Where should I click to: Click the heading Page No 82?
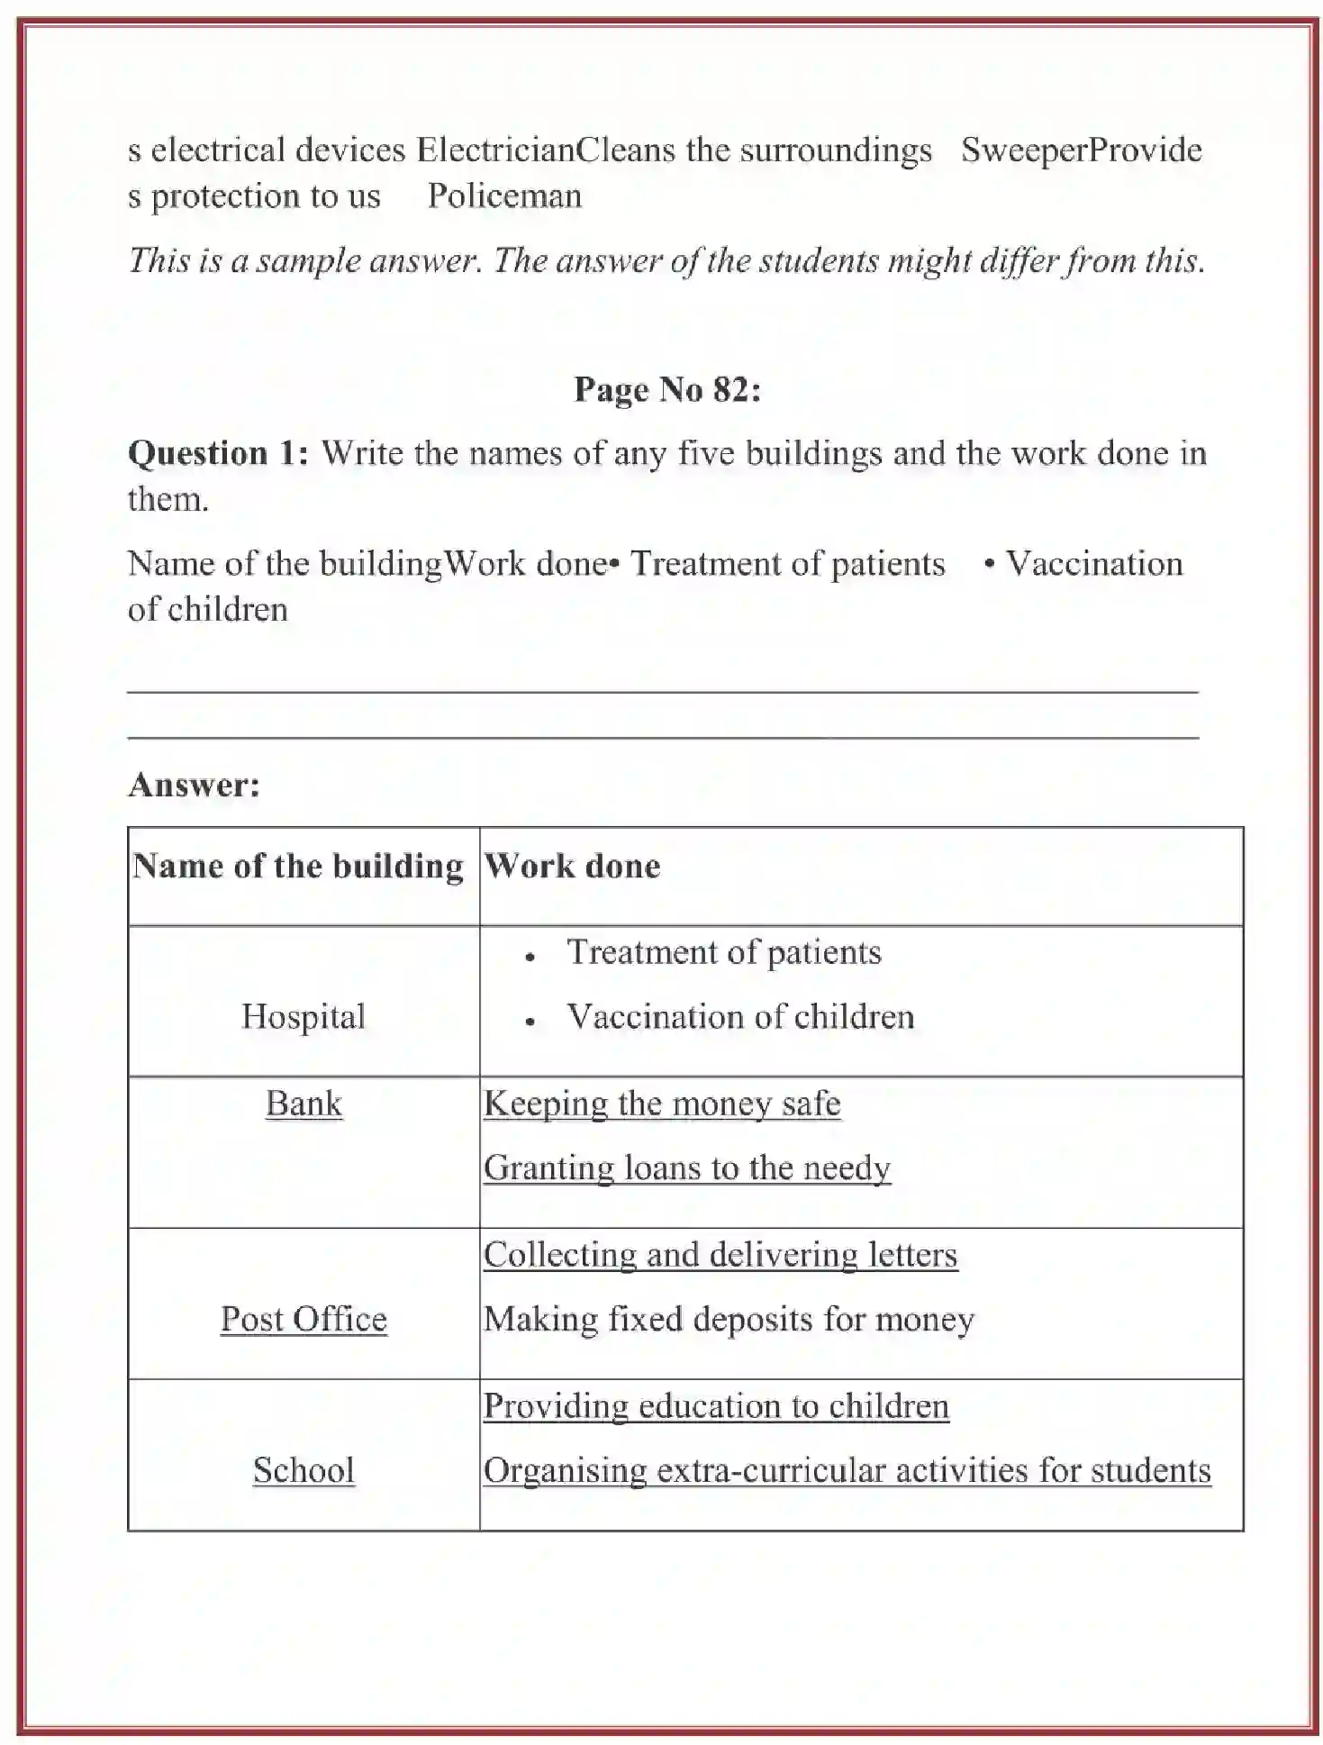point(667,389)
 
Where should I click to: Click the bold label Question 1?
point(218,452)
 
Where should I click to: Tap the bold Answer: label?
point(194,785)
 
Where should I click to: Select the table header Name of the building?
point(298,866)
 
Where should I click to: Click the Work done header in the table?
point(573,866)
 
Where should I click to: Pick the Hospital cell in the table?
point(304,1016)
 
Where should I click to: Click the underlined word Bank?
point(304,1104)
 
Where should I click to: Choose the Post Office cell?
point(304,1319)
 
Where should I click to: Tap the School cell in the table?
point(304,1470)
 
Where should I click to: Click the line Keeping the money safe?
point(662,1104)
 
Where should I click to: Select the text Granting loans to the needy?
point(686,1168)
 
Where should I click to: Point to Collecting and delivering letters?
point(720,1255)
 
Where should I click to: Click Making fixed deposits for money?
point(729,1319)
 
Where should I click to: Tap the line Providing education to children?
point(716,1406)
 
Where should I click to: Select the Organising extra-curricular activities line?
point(847,1470)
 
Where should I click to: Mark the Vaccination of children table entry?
point(740,1016)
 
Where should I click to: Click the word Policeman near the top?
point(504,195)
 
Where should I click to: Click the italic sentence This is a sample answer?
point(666,260)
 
